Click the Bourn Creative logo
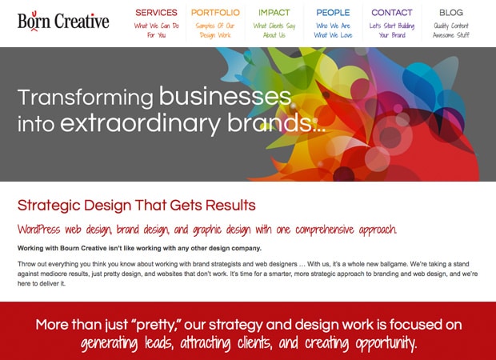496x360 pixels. tap(63, 21)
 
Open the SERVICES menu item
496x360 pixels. tap(156, 13)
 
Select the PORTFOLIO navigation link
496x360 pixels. tap(215, 13)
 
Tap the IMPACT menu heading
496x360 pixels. tap(274, 13)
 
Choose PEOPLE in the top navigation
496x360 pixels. tap(333, 13)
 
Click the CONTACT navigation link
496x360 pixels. tap(392, 13)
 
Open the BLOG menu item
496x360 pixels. tap(451, 13)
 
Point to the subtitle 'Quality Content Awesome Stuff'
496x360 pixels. tap(451, 30)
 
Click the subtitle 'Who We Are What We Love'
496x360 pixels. tap(333, 30)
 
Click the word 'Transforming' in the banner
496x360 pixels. tap(86, 98)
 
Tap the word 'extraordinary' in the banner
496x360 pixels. tap(141, 123)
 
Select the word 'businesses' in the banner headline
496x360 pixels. tap(225, 96)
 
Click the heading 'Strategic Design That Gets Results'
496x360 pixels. tap(137, 206)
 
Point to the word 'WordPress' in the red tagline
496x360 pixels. tap(38, 229)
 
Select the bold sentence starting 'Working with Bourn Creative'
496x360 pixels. tap(139, 248)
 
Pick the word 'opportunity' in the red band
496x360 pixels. tap(386, 343)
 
